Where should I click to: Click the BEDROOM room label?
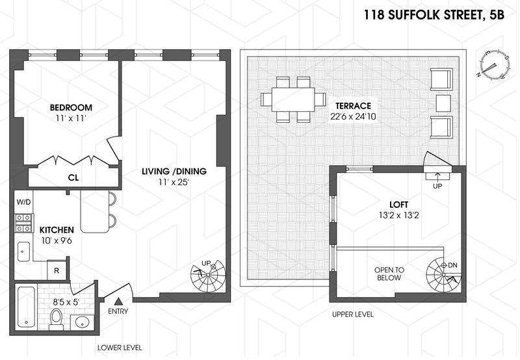[x=71, y=107]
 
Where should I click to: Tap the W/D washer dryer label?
[x=23, y=201]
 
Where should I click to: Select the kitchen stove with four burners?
[x=24, y=223]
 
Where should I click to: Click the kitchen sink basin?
[x=23, y=251]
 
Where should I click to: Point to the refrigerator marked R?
[x=57, y=270]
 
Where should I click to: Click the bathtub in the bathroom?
[x=26, y=307]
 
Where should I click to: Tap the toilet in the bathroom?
[x=57, y=319]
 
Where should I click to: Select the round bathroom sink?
[x=83, y=322]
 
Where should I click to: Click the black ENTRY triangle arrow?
[x=118, y=302]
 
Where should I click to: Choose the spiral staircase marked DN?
[x=444, y=274]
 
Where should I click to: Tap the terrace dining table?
[x=293, y=99]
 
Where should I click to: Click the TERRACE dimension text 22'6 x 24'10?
[x=353, y=116]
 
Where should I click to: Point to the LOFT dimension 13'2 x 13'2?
[x=398, y=216]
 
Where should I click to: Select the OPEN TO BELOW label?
[x=389, y=274]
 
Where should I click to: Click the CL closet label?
[x=73, y=177]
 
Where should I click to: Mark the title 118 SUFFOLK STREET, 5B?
[x=434, y=15]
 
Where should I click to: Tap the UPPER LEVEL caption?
[x=352, y=315]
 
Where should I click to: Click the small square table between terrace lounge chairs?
[x=443, y=103]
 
